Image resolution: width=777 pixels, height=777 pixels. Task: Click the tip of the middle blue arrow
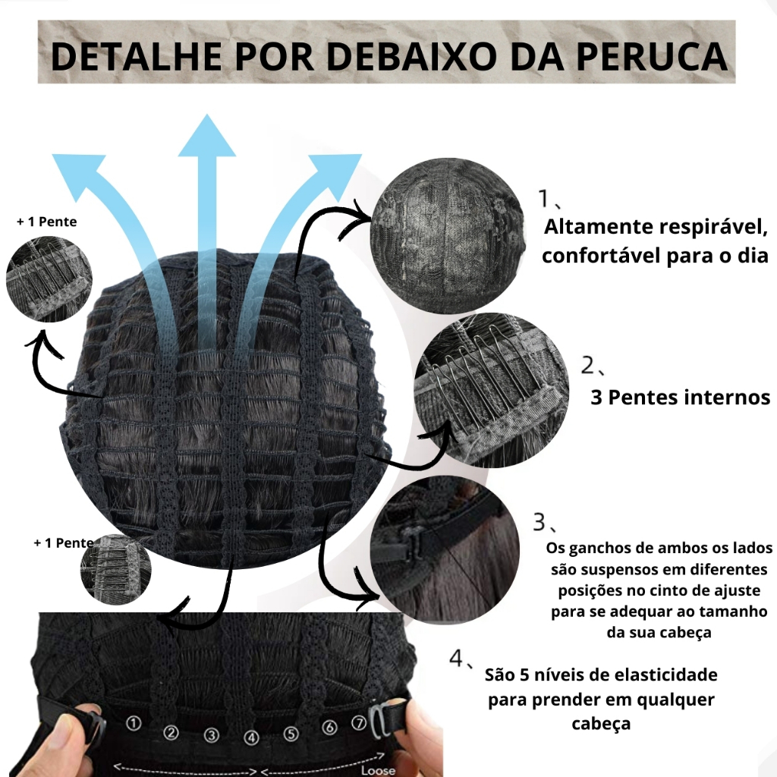pos(206,115)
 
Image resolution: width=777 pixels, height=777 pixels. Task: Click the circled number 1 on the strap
pos(134,724)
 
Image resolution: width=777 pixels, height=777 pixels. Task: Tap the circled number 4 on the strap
pos(252,738)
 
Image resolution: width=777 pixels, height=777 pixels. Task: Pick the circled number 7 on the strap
pos(359,723)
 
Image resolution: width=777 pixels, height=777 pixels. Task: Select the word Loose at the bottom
pos(378,770)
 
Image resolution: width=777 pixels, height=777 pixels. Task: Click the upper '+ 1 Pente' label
pos(47,222)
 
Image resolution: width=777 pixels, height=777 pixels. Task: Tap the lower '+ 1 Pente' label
pos(64,543)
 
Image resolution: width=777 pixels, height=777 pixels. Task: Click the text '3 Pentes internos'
pos(681,397)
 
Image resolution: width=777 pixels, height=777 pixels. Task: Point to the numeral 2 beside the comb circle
pos(588,365)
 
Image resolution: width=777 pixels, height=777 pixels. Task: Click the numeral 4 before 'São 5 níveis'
pos(456,658)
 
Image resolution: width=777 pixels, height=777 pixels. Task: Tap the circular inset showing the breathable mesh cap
pos(448,236)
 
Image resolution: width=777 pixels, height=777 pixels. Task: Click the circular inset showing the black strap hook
pos(445,550)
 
